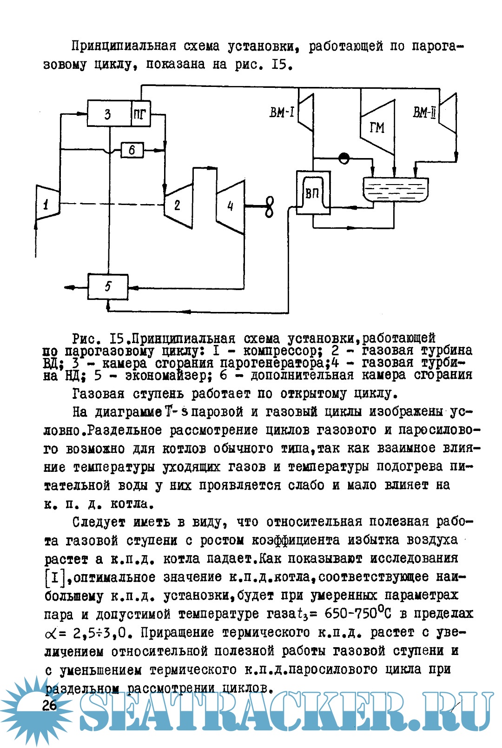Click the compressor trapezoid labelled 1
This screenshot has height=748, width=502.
click(x=47, y=203)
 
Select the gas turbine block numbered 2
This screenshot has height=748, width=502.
click(x=178, y=205)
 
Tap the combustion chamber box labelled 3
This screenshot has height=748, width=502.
click(x=108, y=113)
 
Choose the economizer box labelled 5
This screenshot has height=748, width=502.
click(x=108, y=286)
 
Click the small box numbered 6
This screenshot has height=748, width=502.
click(x=132, y=150)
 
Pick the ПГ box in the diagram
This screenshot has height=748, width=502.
click(x=140, y=113)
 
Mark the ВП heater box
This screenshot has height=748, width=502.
click(x=313, y=193)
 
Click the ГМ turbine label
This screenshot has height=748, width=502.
click(x=377, y=127)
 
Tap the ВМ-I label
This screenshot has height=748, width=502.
click(x=282, y=113)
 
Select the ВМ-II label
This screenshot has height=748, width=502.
click(x=424, y=113)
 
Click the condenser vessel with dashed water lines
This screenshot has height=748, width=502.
click(x=395, y=191)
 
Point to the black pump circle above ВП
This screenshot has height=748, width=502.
click(x=344, y=158)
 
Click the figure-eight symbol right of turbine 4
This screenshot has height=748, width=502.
click(x=269, y=206)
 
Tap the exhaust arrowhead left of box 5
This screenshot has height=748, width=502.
click(x=69, y=288)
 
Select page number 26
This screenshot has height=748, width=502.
click(x=49, y=705)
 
